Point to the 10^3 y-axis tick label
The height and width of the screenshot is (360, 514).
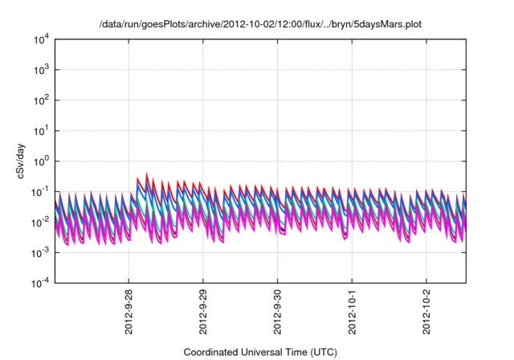pos(41,70)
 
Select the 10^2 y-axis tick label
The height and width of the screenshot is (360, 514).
pos(41,100)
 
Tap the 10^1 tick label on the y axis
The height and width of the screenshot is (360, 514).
pos(41,131)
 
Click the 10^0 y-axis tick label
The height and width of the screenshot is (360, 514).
pos(41,162)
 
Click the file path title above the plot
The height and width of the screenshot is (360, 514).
pos(259,24)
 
